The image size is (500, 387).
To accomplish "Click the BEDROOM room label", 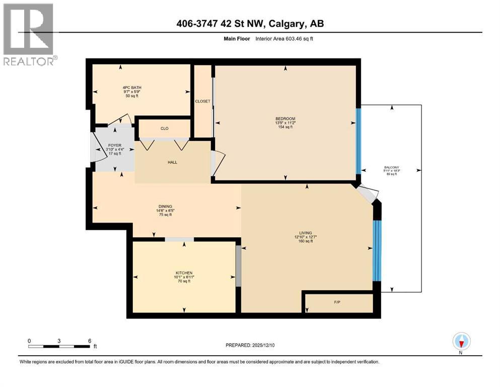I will (285, 119).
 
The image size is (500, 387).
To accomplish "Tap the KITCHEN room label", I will (184, 273).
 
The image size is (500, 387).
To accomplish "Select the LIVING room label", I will (306, 233).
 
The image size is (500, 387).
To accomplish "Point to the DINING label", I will (165, 206).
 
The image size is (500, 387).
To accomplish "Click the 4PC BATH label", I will (132, 88).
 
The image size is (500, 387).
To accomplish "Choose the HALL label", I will (173, 162).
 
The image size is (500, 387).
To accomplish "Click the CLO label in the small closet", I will (164, 128).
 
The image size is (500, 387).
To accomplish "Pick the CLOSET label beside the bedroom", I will (203, 101).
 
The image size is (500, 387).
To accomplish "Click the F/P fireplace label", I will (337, 303).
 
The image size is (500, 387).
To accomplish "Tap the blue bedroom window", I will (359, 141).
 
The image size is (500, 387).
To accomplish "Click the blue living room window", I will (377, 250).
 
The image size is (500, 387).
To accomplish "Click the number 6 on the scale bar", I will (90, 341).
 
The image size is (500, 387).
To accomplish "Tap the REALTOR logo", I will (29, 34).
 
